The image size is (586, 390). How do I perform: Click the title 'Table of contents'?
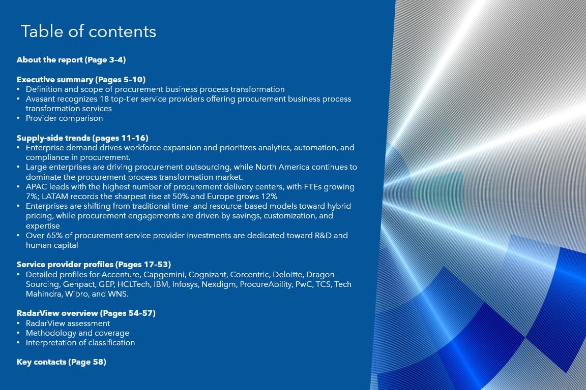pos(89,31)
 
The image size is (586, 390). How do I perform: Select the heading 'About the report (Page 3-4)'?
pos(71,60)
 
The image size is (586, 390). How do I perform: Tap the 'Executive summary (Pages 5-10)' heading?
pos(81,80)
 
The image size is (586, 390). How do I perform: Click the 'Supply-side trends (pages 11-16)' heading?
pos(82,138)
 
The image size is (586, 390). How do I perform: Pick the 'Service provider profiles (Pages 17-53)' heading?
pos(94,264)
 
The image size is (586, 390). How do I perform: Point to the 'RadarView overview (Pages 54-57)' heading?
pos(86,313)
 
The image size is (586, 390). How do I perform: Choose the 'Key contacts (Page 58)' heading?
pos(61,362)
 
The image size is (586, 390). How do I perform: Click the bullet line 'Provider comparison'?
pos(64,118)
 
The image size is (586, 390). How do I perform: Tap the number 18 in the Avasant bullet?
pos(104,99)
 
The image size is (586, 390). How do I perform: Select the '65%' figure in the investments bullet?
pos(54,236)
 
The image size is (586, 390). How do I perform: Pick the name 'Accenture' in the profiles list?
pos(121,275)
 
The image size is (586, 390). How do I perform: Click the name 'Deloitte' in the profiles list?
pos(287,275)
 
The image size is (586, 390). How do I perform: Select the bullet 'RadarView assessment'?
pos(68,323)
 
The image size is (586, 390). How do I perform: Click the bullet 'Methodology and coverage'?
pos(77,333)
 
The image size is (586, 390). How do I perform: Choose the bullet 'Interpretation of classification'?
pos(80,343)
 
